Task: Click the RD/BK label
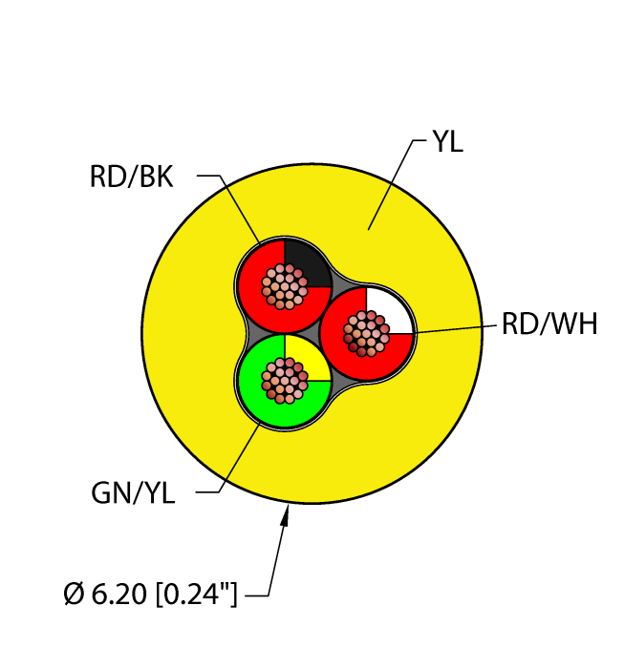pyautogui.click(x=132, y=177)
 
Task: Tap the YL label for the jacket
pyautogui.click(x=447, y=143)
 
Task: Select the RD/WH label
pyautogui.click(x=549, y=324)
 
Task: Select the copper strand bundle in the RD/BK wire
pyautogui.click(x=284, y=284)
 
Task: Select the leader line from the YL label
pyautogui.click(x=390, y=186)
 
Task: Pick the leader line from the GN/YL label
pyautogui.click(x=239, y=458)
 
